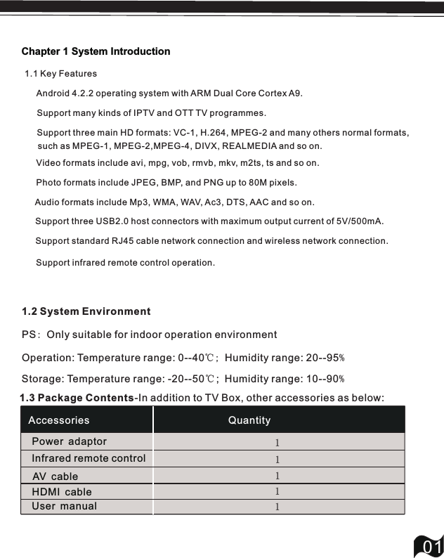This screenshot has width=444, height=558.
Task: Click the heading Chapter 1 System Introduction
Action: tap(96, 51)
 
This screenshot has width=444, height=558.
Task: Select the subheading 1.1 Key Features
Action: tap(60, 74)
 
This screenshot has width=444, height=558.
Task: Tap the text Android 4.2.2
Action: tap(65, 93)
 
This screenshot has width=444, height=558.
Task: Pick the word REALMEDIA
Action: tap(252, 146)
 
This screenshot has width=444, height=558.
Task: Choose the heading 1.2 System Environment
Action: tap(86, 311)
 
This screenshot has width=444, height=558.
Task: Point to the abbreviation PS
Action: tap(29, 335)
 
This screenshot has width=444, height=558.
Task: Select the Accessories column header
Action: tap(59, 420)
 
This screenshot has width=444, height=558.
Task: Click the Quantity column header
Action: tap(249, 420)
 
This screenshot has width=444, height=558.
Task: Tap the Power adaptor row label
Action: tap(70, 441)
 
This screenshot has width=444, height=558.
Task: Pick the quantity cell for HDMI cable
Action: tap(277, 491)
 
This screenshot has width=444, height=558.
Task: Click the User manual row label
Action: tap(65, 506)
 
